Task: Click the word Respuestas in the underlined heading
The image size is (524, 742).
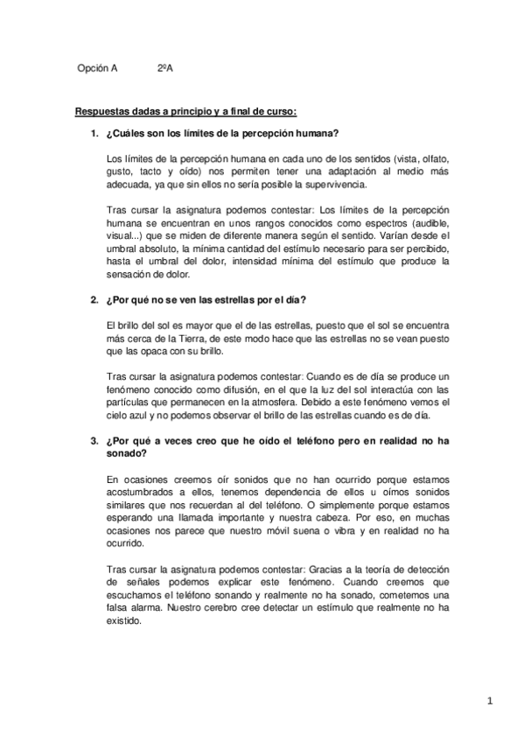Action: pos(102,111)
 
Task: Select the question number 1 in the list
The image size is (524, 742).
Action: pos(94,133)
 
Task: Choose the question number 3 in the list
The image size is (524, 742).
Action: pos(94,442)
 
